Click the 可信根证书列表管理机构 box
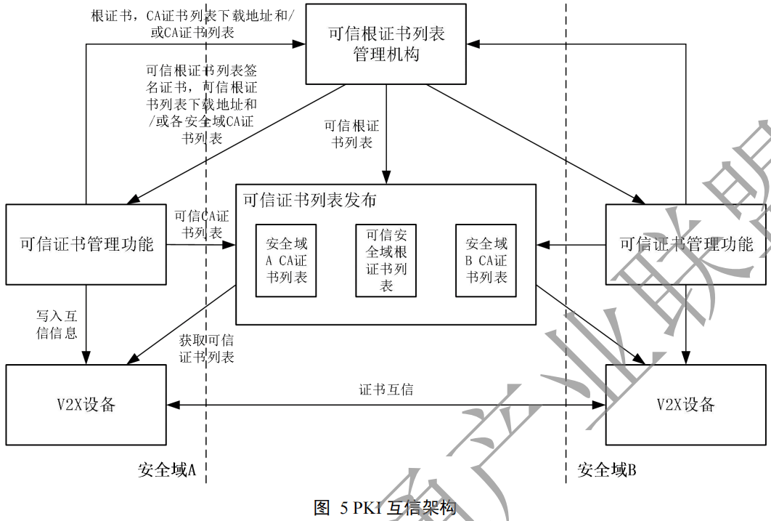[x=385, y=45]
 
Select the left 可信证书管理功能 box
[x=86, y=244]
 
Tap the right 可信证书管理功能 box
[x=685, y=244]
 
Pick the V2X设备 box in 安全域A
[x=86, y=405]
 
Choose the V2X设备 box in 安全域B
[x=685, y=405]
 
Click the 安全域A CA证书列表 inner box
[x=286, y=261]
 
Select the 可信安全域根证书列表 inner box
[x=386, y=261]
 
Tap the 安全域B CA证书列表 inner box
[x=486, y=261]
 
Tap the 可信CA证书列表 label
[x=201, y=225]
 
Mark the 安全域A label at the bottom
[x=168, y=471]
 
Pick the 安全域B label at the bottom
[x=607, y=471]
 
